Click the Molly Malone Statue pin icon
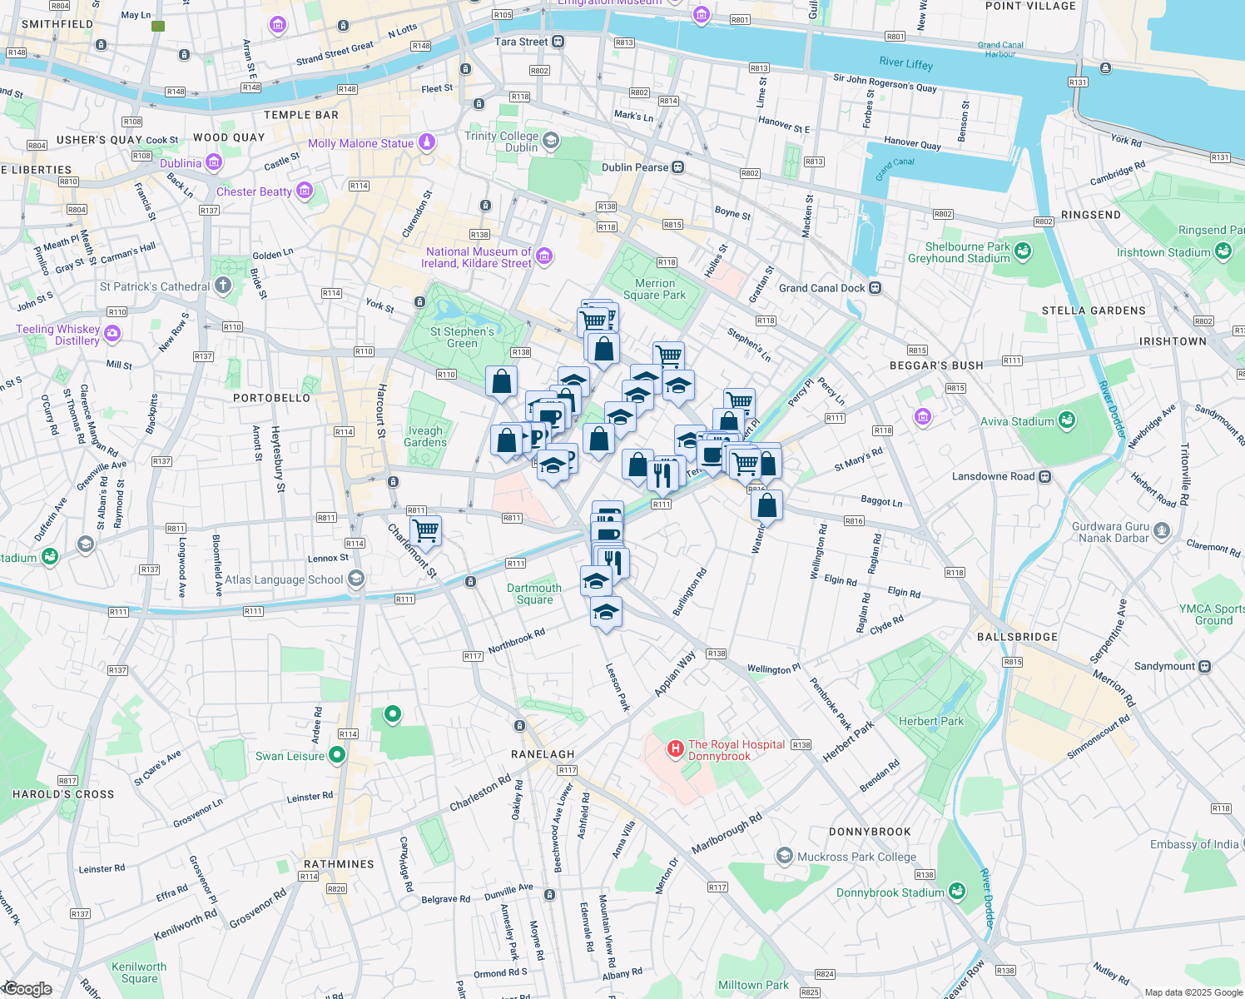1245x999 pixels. point(426,142)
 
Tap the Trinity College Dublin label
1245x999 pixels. point(501,142)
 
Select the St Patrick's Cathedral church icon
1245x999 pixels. point(222,286)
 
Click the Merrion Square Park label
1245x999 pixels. point(654,289)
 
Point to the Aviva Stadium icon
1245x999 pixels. point(1066,421)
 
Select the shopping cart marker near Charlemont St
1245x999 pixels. point(425,530)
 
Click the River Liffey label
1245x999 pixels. point(905,63)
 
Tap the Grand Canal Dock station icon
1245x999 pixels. point(875,288)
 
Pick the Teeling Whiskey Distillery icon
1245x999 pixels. point(112,334)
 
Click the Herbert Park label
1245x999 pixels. point(930,721)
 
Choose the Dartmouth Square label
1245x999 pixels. point(534,594)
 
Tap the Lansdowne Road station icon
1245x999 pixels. point(1044,476)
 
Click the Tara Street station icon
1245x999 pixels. point(558,42)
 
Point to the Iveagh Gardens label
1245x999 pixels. point(425,436)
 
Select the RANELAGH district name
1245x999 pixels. point(543,754)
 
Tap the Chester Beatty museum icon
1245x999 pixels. point(304,191)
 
